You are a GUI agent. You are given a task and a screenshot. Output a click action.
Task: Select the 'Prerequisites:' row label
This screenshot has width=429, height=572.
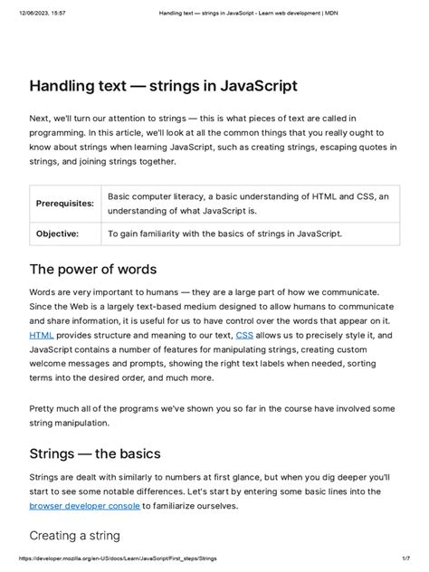click(65, 204)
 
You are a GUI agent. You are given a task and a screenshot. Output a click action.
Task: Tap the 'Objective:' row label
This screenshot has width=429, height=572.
click(57, 233)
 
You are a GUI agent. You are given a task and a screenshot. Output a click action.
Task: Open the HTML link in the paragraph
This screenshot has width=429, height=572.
click(42, 335)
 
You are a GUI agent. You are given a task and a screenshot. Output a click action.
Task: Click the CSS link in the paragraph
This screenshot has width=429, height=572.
click(244, 335)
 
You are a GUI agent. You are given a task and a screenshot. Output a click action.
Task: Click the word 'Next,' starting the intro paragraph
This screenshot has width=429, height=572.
click(42, 119)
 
